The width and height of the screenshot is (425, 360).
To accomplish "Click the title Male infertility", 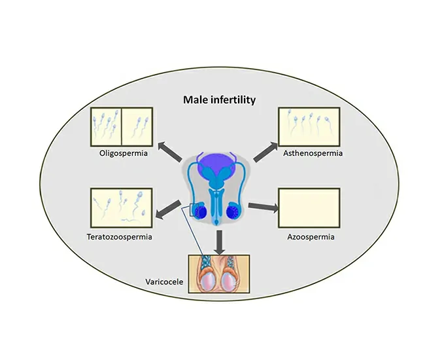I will tap(218, 100).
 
